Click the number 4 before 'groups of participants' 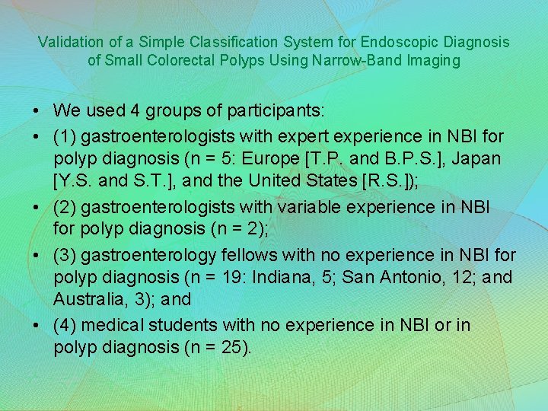[135, 110]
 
